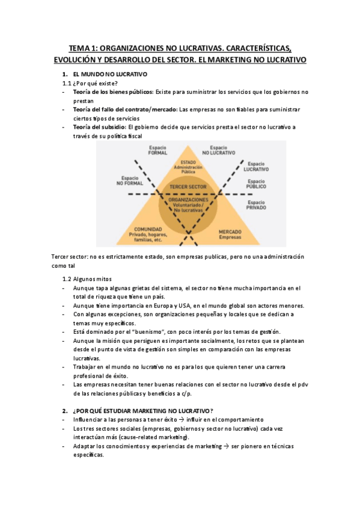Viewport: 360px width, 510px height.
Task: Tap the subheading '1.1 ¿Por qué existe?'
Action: coord(90,83)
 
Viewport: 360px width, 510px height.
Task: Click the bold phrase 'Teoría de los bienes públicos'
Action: coord(113,92)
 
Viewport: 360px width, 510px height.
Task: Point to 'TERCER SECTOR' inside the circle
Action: coord(188,187)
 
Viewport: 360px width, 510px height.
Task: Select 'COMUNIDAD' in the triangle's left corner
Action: coord(148,229)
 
